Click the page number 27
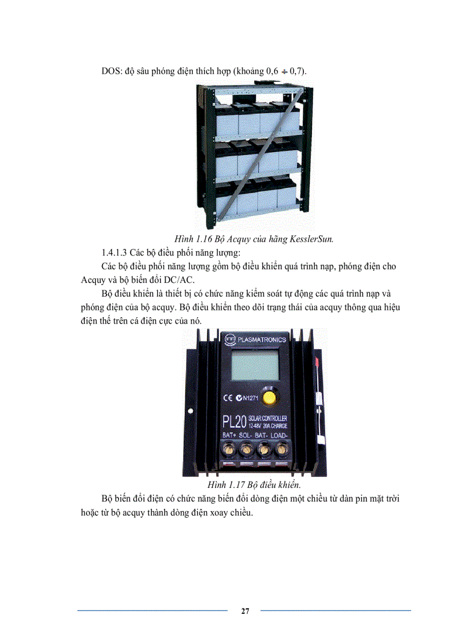click(x=245, y=611)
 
